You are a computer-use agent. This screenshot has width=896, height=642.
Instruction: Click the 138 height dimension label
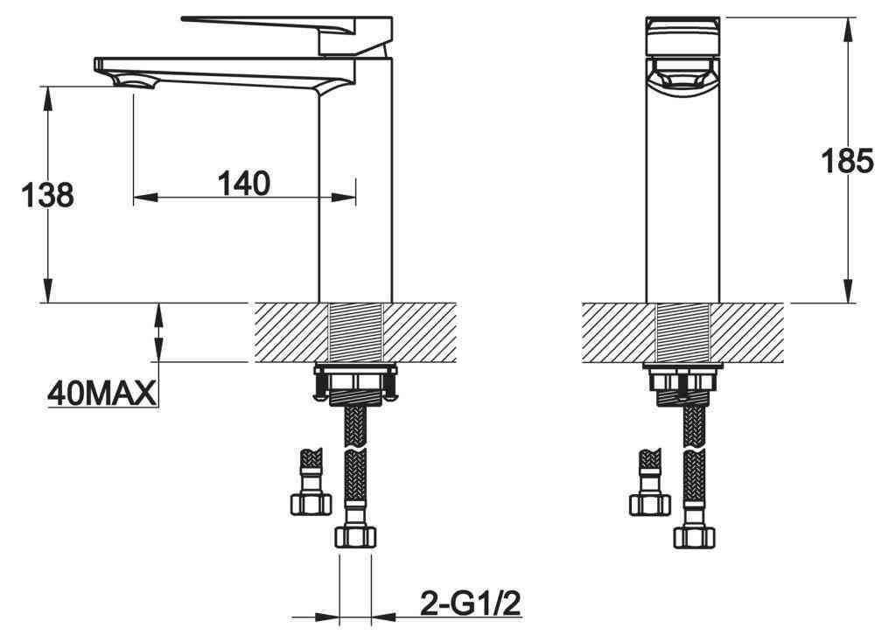pyautogui.click(x=47, y=195)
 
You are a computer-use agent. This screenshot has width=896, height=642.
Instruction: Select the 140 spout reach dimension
pyautogui.click(x=244, y=184)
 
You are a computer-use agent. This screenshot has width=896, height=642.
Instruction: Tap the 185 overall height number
pyautogui.click(x=847, y=161)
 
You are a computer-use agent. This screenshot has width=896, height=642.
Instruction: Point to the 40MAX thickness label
pyautogui.click(x=101, y=393)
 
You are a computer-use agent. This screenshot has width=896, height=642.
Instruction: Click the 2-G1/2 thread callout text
pyautogui.click(x=471, y=604)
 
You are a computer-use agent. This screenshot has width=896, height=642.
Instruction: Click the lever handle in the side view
pyautogui.click(x=287, y=35)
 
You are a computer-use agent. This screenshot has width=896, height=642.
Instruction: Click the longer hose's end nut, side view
pyautogui.click(x=355, y=537)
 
